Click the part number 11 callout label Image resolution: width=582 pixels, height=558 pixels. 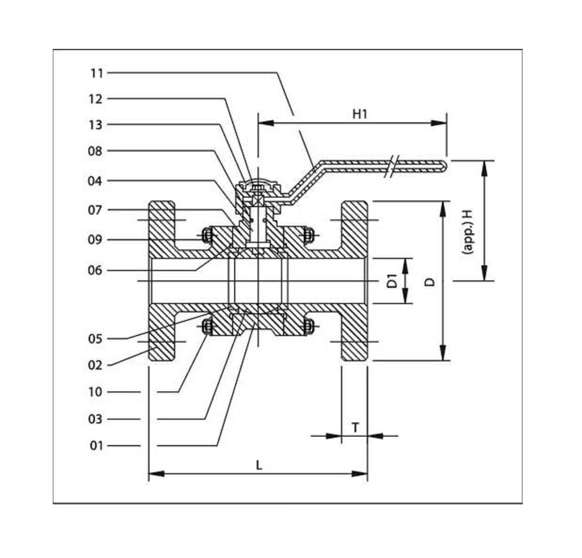point(96,73)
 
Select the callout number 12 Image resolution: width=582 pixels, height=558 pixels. point(95,99)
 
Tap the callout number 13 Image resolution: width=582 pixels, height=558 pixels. point(95,125)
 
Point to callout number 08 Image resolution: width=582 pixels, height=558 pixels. point(95,151)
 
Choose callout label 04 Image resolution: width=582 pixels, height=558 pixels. point(95,181)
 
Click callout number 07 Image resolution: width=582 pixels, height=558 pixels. point(95,210)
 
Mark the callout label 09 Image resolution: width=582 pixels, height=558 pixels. point(95,240)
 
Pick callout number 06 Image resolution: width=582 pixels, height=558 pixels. point(95,271)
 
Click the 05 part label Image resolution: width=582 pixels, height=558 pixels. point(95,339)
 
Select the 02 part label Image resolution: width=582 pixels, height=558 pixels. point(95,365)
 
